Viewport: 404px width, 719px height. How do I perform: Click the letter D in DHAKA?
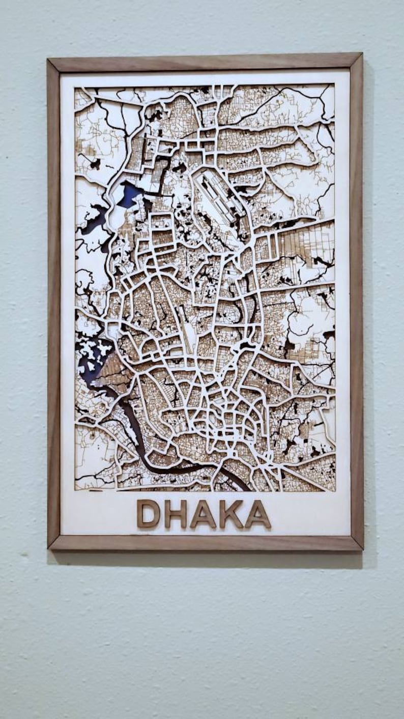(x=148, y=514)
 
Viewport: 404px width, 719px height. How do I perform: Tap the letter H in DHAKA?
(x=176, y=514)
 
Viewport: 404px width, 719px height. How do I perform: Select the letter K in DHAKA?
(x=231, y=514)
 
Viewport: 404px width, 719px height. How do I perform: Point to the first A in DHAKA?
(x=203, y=514)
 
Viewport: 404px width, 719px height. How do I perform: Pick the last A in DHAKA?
(x=258, y=514)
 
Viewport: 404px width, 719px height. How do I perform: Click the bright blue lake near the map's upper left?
(x=129, y=195)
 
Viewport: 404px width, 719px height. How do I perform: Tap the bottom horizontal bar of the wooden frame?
(x=204, y=542)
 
